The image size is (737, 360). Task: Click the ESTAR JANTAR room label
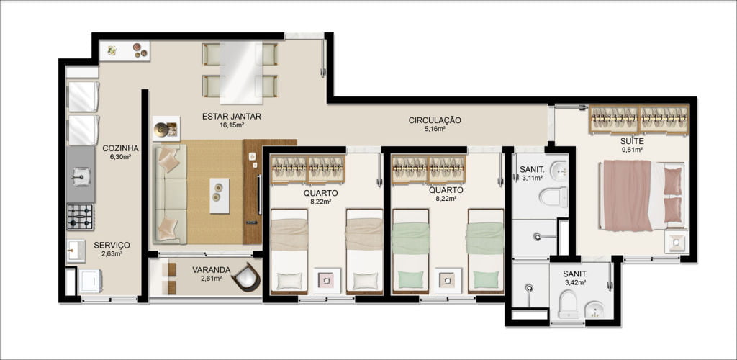pyautogui.click(x=231, y=117)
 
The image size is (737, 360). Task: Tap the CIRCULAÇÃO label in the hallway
pyautogui.click(x=434, y=120)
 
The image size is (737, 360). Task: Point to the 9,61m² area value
pyautogui.click(x=631, y=150)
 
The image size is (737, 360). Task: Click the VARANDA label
pyautogui.click(x=211, y=270)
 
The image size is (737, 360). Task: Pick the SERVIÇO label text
pyautogui.click(x=112, y=245)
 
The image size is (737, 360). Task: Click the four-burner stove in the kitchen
pyautogui.click(x=80, y=217)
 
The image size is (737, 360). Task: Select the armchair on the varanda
pyautogui.click(x=246, y=278)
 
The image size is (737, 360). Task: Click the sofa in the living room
pyautogui.click(x=170, y=194)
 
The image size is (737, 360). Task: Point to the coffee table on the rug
pyautogui.click(x=219, y=196)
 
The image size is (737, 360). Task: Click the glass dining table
pyautogui.click(x=241, y=73)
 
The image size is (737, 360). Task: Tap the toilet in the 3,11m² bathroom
pyautogui.click(x=553, y=197)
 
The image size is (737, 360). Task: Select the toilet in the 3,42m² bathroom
pyautogui.click(x=569, y=304)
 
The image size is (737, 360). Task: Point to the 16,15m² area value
pyautogui.click(x=231, y=125)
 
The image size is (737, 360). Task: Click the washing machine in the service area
pyautogui.click(x=91, y=281)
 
